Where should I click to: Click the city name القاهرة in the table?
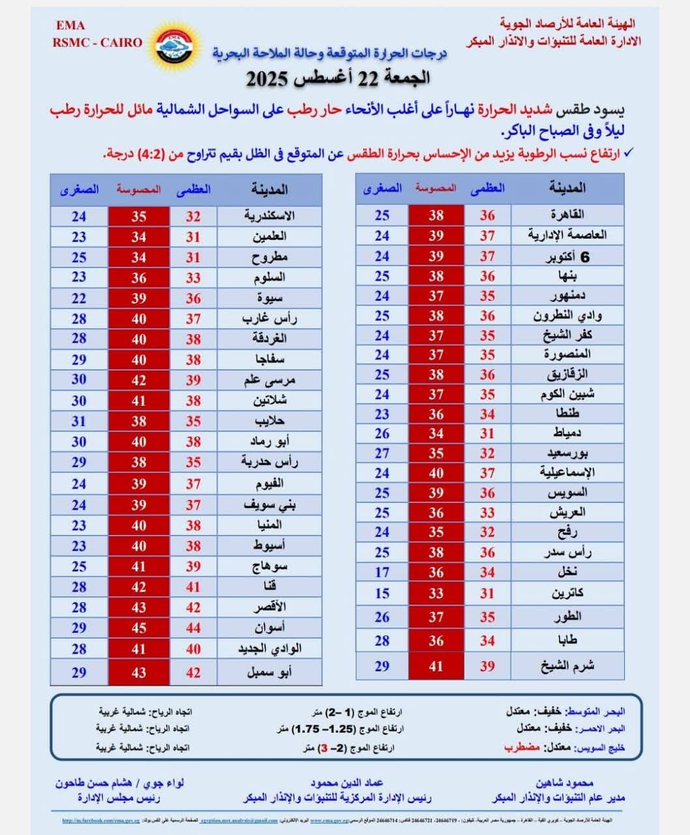[x=568, y=215]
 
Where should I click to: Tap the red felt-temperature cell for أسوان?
[x=139, y=628]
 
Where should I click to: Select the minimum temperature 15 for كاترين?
[x=382, y=594]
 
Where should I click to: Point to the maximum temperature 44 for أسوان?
[x=193, y=628]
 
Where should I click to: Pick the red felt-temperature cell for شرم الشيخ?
[x=436, y=666]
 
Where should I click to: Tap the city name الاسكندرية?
[x=269, y=216]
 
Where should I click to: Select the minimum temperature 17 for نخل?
[x=382, y=572]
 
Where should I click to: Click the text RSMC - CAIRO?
[x=98, y=42]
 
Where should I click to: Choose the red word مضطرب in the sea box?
[x=522, y=747]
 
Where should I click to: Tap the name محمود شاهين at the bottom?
[x=565, y=783]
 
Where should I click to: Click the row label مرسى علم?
[x=269, y=380]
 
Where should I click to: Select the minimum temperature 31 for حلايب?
[x=79, y=421]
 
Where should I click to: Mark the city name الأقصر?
[x=269, y=607]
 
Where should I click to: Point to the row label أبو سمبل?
[x=269, y=672]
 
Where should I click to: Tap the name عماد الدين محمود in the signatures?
[x=347, y=783]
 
